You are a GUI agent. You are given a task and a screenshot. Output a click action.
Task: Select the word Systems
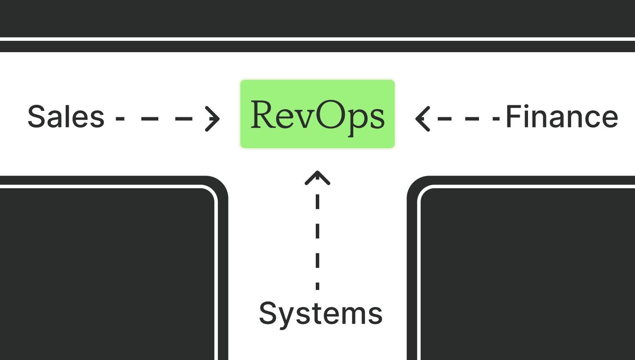tap(321, 313)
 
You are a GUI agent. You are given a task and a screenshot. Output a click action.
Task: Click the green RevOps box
tap(317, 114)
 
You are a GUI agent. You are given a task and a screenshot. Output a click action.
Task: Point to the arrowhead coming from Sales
tap(213, 118)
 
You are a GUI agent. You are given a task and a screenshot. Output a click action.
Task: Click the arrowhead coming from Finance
tap(422, 118)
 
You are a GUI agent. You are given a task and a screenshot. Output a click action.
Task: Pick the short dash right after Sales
tap(120, 118)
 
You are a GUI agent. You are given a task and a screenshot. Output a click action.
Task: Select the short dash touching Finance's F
tap(496, 118)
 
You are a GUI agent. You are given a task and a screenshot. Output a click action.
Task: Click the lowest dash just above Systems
tap(317, 286)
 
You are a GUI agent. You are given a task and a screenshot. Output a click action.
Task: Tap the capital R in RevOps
tap(265, 115)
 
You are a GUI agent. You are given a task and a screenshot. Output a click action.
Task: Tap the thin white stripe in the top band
tap(317, 39)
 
